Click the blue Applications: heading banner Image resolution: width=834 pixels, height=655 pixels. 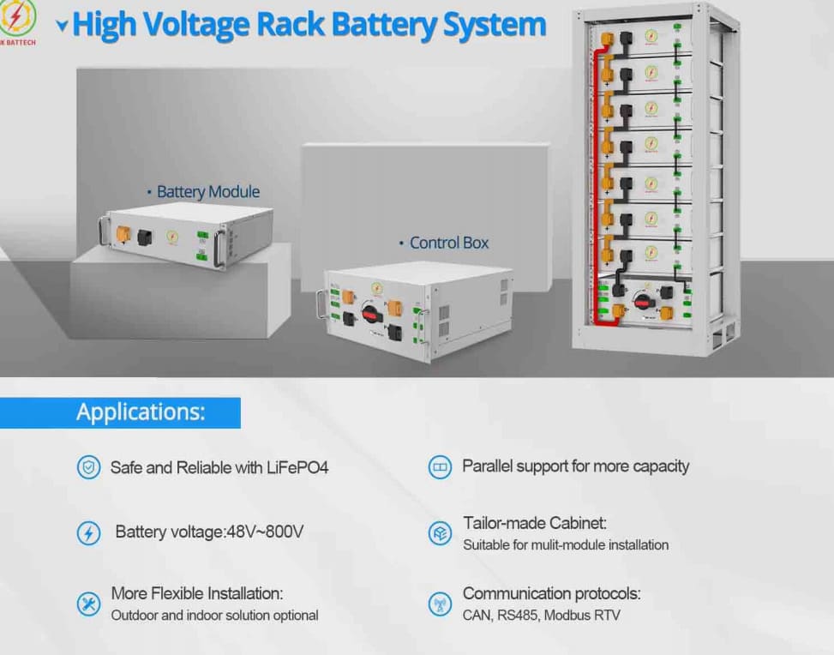coord(120,412)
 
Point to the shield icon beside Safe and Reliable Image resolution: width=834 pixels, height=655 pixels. coord(89,468)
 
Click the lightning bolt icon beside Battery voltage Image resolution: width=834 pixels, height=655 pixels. coord(89,532)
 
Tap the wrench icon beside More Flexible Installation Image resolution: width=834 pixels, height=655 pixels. coord(89,604)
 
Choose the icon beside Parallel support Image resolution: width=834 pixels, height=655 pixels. coord(440,467)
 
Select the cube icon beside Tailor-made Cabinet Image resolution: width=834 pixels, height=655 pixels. coord(440,532)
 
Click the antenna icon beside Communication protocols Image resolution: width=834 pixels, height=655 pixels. coord(440,604)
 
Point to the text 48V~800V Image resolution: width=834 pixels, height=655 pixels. coord(265,532)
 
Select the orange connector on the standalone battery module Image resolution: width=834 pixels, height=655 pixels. coord(123,233)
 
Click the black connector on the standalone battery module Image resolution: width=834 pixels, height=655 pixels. coord(145,237)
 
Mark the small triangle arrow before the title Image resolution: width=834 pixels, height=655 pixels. coord(62,25)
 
